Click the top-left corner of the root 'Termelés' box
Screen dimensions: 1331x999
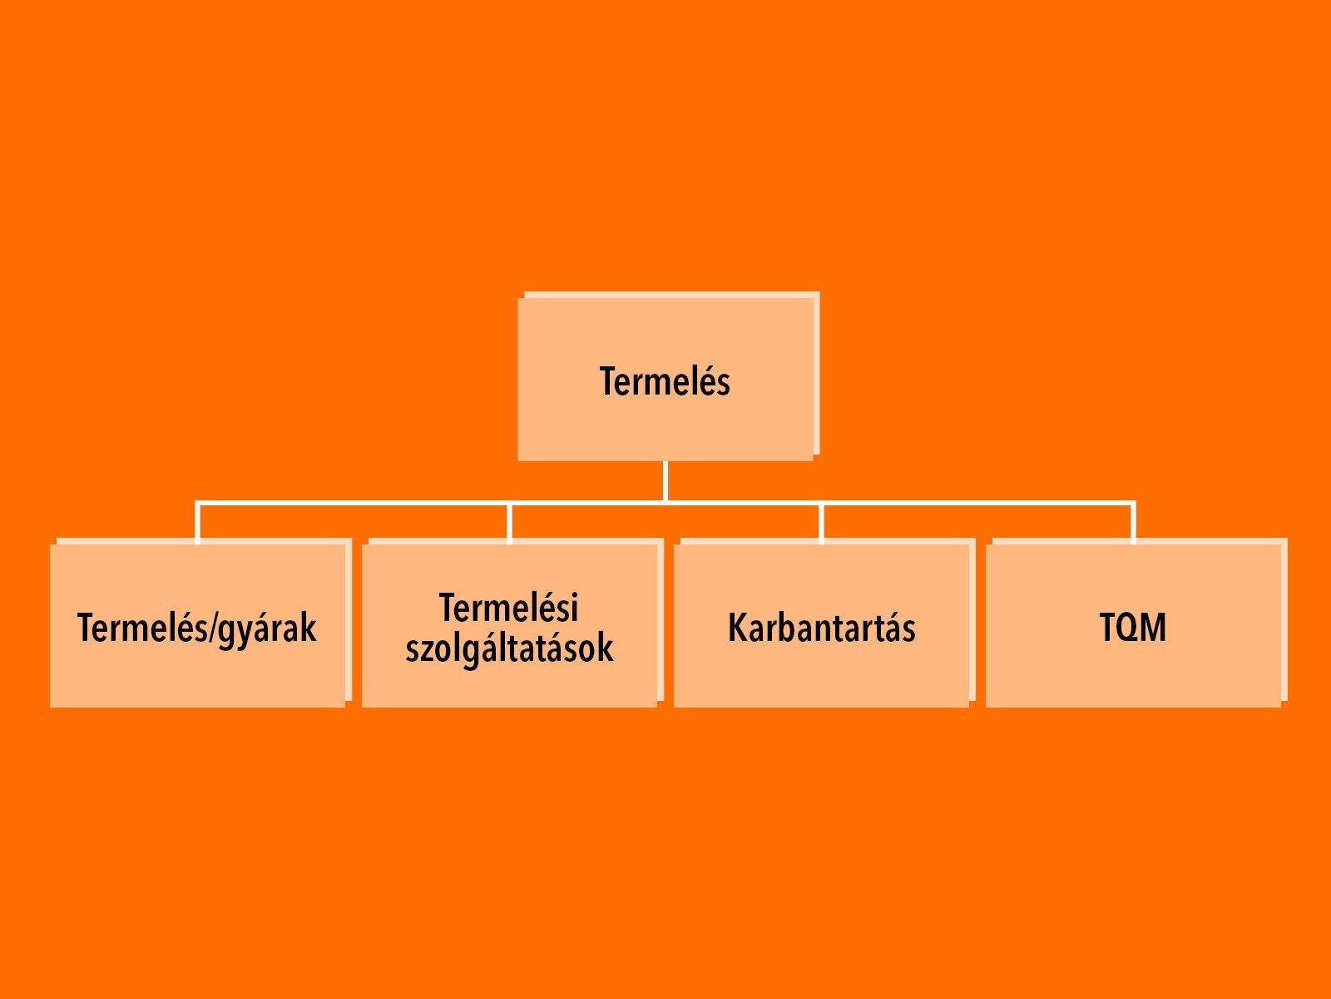point(518,298)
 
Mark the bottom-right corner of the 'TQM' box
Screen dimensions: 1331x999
point(1280,708)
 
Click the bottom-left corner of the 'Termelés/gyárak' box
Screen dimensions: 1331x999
point(51,708)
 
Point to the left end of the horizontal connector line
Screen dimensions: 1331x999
point(195,503)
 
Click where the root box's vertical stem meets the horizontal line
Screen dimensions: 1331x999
point(665,503)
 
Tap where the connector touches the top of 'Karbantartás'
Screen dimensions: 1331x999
point(822,544)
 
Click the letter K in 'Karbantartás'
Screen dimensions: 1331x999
point(736,627)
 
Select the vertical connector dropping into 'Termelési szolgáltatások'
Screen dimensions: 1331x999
point(509,524)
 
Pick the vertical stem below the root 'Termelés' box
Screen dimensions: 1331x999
point(665,482)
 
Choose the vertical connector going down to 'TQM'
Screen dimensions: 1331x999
point(1133,524)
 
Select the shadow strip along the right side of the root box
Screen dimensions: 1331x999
point(816,374)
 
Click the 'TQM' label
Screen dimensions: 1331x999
point(1133,627)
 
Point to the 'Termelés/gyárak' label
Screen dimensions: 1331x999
point(197,629)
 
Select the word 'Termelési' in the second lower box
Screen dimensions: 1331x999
point(509,607)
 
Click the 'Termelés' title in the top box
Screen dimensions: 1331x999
point(665,381)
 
